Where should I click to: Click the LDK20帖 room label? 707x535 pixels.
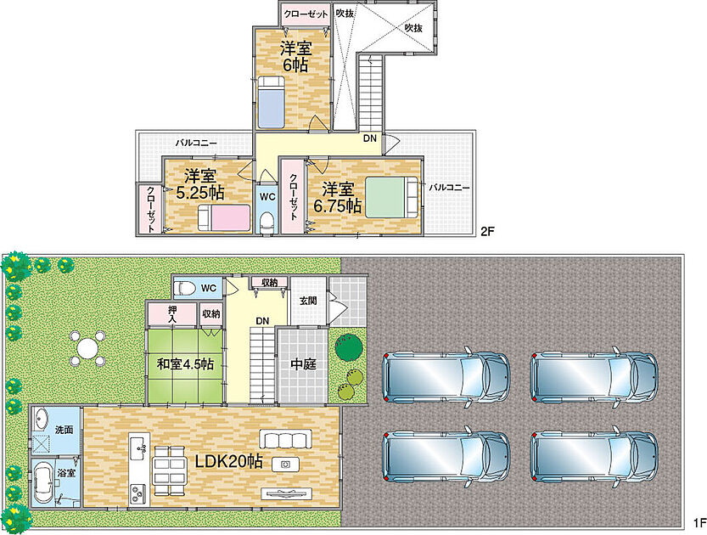tap(228, 460)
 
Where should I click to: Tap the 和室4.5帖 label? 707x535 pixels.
tap(185, 363)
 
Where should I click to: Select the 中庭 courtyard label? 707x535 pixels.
tap(303, 363)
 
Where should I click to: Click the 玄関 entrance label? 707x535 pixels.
tap(308, 301)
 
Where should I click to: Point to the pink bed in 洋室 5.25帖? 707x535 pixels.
tap(224, 217)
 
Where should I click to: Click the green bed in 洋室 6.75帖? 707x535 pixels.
tap(391, 197)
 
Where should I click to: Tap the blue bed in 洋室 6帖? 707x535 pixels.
tap(271, 102)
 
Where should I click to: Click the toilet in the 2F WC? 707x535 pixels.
tap(267, 223)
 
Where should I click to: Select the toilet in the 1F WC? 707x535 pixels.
tap(185, 287)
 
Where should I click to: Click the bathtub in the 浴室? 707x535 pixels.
tap(43, 484)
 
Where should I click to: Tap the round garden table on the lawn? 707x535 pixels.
tap(87, 348)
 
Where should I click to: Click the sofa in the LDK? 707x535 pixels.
tap(285, 438)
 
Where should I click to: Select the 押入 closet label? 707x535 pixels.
tap(172, 313)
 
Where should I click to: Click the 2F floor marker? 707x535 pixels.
tap(487, 232)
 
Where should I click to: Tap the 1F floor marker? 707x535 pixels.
tap(699, 523)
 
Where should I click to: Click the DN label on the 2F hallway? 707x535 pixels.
tap(370, 138)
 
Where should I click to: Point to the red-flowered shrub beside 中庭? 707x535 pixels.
tap(349, 346)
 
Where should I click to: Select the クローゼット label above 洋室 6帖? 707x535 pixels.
tap(306, 14)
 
